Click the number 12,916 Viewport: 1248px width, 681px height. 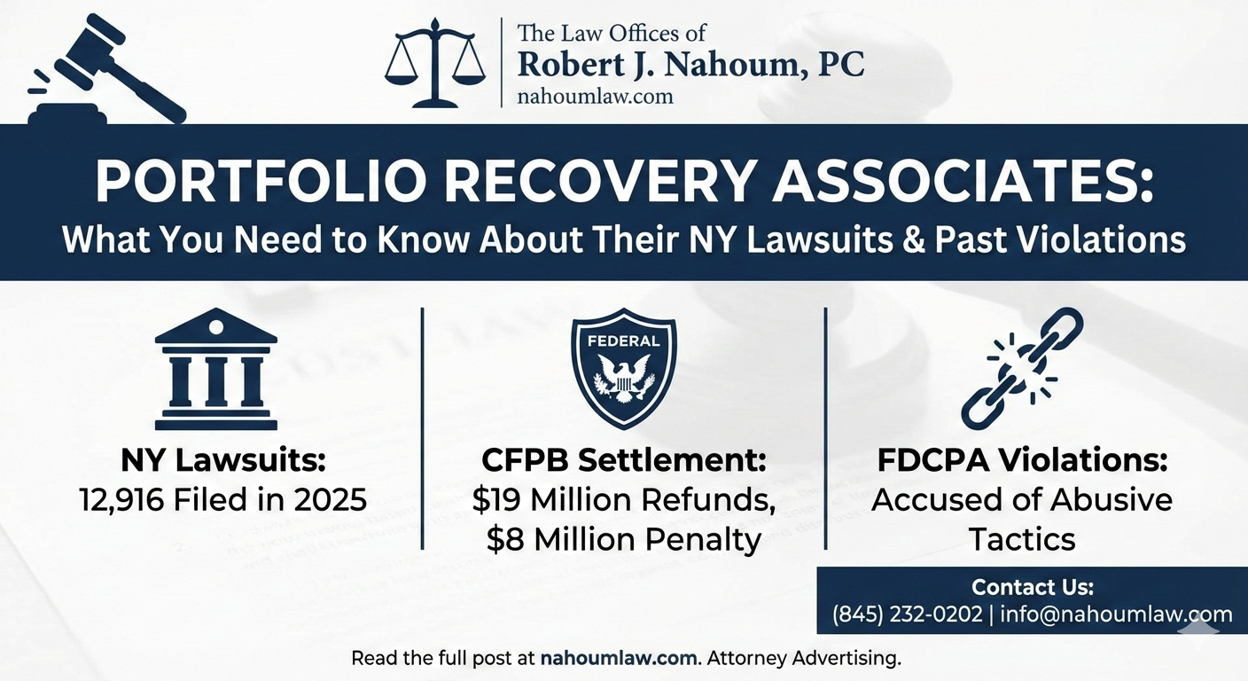(x=121, y=499)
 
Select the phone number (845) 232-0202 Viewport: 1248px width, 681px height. (x=909, y=614)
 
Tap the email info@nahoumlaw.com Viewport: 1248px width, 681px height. (x=1116, y=614)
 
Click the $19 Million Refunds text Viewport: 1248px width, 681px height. (x=623, y=500)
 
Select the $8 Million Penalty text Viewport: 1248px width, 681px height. (x=623, y=539)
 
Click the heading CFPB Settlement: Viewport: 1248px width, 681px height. (x=623, y=461)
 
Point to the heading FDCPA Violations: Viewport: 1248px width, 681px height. (x=1022, y=461)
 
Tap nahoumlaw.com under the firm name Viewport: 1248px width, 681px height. (x=595, y=96)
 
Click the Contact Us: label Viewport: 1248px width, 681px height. (x=1033, y=587)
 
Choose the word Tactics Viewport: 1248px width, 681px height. (x=1022, y=539)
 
